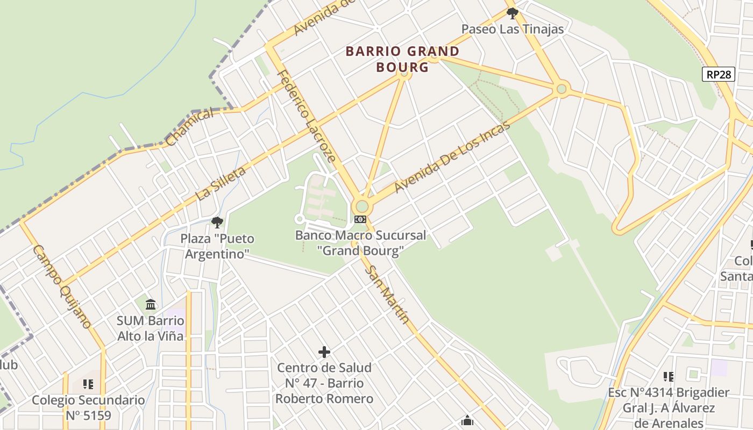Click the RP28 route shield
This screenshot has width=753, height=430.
[x=719, y=74]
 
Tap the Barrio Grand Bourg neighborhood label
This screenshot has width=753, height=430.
[x=402, y=59]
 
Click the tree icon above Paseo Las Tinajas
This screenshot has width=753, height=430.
[x=512, y=13]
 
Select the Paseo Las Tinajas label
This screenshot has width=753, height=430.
[x=512, y=29]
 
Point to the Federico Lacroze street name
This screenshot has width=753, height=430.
[x=306, y=116]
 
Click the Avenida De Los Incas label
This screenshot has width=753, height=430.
[x=452, y=156]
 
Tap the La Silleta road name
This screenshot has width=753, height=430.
[x=221, y=183]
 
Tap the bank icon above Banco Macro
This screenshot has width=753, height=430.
[x=360, y=219]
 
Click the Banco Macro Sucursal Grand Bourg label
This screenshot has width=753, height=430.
[x=360, y=242]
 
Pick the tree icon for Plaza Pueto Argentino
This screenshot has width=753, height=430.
[x=217, y=222]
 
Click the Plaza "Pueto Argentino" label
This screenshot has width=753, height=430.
[x=217, y=246]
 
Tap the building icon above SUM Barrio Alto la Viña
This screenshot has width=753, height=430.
[x=151, y=305]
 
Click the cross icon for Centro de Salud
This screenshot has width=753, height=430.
[x=324, y=352]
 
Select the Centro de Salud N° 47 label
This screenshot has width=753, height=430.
[x=324, y=383]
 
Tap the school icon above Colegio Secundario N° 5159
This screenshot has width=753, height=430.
[x=88, y=384]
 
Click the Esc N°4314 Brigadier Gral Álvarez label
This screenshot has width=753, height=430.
[x=669, y=407]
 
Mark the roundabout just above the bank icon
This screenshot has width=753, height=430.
[x=362, y=206]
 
